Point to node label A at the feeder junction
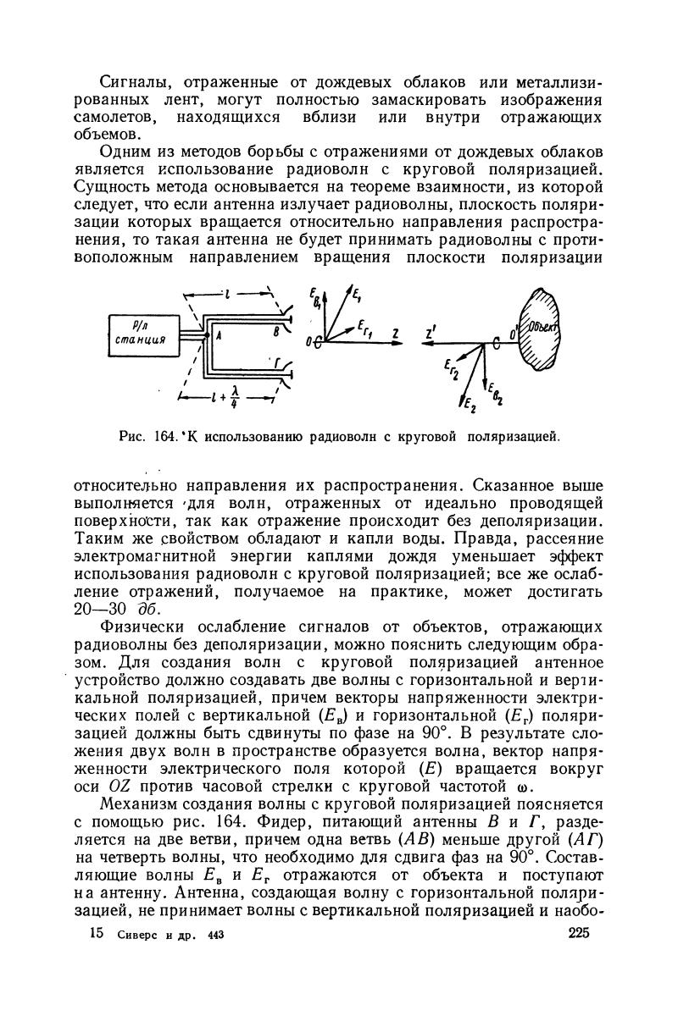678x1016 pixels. click(x=218, y=336)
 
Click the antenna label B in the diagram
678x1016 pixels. click(x=273, y=334)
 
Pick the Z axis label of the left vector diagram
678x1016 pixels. click(x=395, y=332)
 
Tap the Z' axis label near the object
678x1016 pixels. click(x=431, y=333)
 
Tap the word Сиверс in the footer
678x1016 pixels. click(x=137, y=958)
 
